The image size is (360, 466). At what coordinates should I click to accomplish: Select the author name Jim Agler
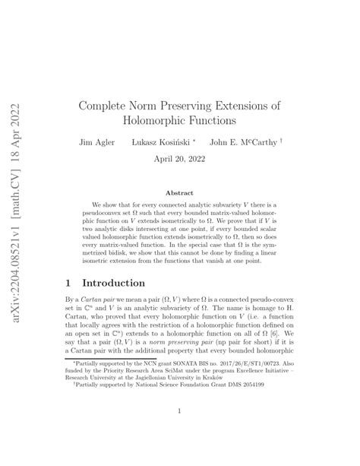[x=96, y=142]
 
